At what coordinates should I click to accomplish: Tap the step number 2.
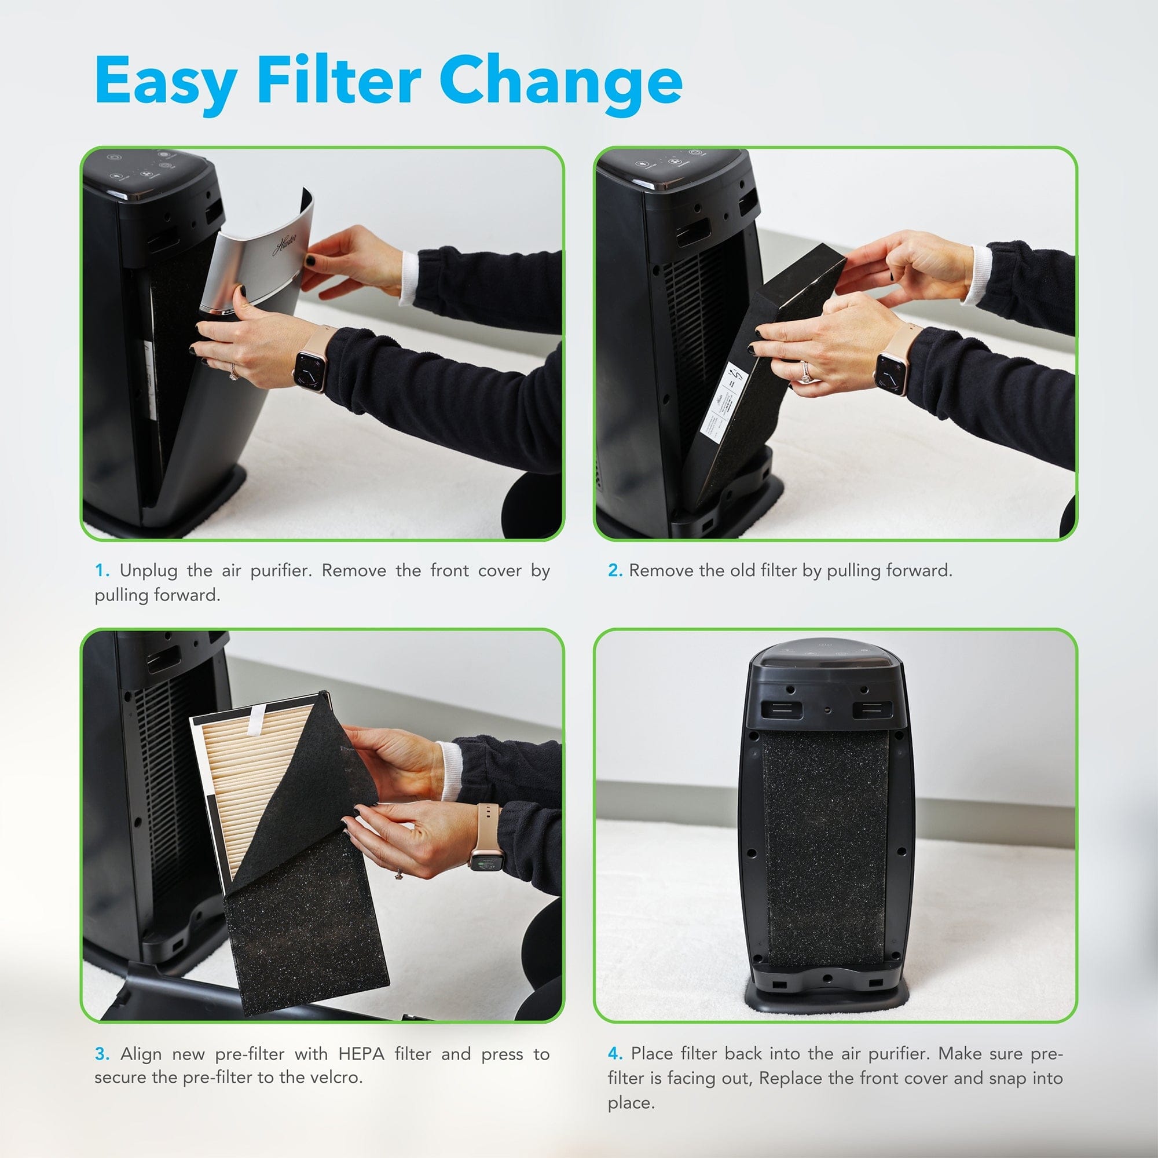point(615,571)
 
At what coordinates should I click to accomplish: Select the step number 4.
point(615,1054)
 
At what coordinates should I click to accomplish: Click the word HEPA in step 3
point(361,1054)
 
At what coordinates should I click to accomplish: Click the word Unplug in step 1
point(149,571)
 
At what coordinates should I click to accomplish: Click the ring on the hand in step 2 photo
point(806,375)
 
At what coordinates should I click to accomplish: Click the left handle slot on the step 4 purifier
point(782,710)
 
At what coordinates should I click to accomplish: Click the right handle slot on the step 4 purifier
point(872,710)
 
